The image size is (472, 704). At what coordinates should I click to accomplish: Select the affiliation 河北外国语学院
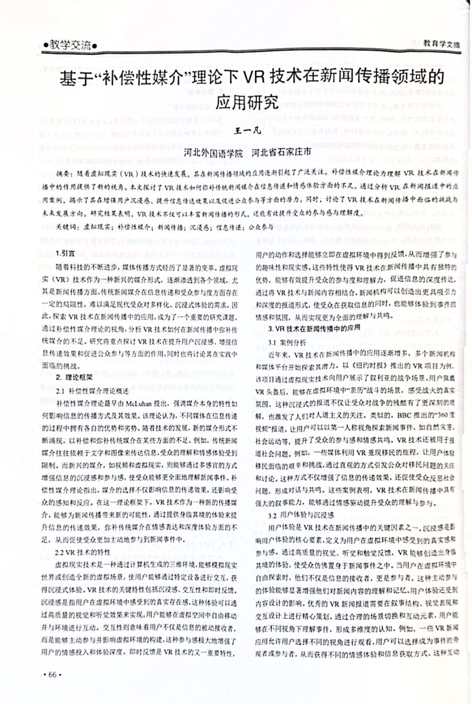[x=212, y=153]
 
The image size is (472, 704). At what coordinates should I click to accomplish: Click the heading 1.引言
[x=65, y=253]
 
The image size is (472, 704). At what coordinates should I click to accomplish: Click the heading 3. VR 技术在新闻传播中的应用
[x=314, y=328]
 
